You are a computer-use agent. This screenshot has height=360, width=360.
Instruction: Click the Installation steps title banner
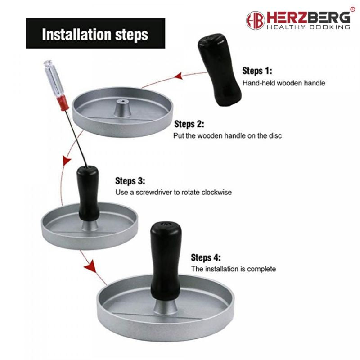95,34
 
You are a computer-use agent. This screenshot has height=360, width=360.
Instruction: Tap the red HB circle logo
255,20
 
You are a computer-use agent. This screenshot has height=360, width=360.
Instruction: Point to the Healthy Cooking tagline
308,27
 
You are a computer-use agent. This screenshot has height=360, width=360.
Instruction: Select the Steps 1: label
257,71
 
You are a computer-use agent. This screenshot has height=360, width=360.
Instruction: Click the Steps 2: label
189,124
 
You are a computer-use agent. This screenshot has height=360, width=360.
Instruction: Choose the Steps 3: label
130,181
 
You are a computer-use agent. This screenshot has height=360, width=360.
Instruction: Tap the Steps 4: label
206,258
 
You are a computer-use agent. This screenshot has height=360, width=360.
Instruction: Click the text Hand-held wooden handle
284,83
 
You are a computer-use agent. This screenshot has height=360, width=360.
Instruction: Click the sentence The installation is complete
234,269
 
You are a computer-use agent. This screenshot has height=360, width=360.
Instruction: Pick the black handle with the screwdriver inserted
88,191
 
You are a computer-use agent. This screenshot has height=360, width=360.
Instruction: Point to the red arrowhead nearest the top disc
179,77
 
